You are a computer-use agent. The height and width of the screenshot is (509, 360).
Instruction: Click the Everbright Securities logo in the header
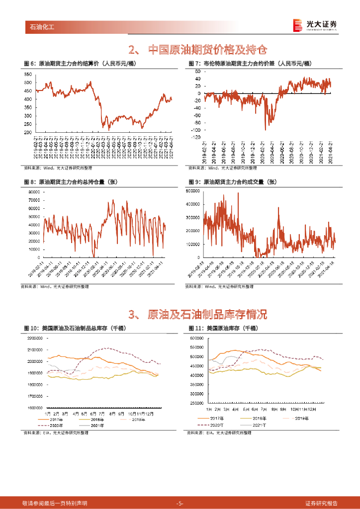tap(315, 25)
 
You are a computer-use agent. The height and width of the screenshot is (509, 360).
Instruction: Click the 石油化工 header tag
tap(41, 26)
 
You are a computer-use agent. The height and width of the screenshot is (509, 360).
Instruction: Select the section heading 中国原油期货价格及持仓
tap(197, 50)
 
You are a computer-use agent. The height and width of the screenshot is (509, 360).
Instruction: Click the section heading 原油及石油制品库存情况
tap(197, 314)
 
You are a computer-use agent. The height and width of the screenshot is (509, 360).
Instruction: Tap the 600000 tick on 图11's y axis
tap(199, 338)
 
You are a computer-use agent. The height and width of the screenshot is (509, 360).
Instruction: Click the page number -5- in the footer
tap(180, 503)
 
